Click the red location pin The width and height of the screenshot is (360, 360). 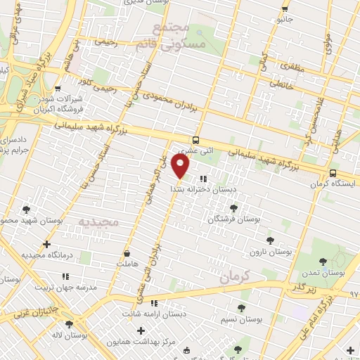pos(181,167)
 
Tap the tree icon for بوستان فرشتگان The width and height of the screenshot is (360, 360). pos(233,207)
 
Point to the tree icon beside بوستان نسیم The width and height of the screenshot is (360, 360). pos(240,308)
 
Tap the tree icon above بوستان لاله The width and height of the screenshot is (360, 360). pos(69,324)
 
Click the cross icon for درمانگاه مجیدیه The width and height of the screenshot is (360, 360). pos(46,245)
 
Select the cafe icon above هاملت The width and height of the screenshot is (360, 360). pos(127,252)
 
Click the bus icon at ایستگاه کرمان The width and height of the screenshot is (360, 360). pos(333,173)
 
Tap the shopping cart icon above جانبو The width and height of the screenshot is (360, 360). pos(284,8)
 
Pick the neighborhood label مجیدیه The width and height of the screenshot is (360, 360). pos(99,222)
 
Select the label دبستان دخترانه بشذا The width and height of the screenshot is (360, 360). pos(205,190)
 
